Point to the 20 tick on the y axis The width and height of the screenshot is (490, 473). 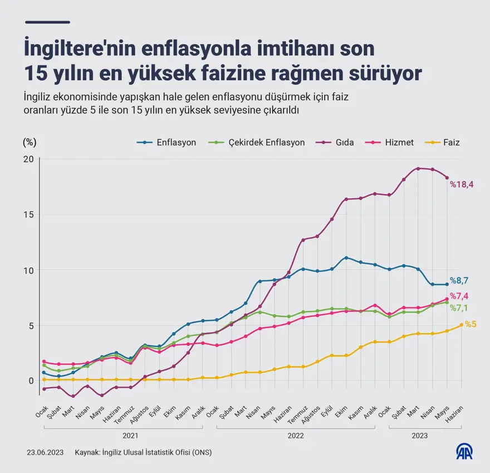pyautogui.click(x=28, y=159)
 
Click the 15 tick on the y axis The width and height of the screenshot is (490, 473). pyautogui.click(x=28, y=214)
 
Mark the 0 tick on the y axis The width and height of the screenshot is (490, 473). pyautogui.click(x=31, y=380)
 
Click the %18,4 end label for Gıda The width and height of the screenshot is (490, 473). pyautogui.click(x=462, y=184)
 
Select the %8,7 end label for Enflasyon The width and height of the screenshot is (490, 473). pyautogui.click(x=459, y=281)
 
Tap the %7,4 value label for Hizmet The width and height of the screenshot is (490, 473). pyautogui.click(x=460, y=296)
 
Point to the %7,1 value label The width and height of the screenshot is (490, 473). pyautogui.click(x=460, y=308)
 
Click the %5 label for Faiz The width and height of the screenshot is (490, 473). pyautogui.click(x=471, y=324)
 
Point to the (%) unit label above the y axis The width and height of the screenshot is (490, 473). pyautogui.click(x=30, y=142)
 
